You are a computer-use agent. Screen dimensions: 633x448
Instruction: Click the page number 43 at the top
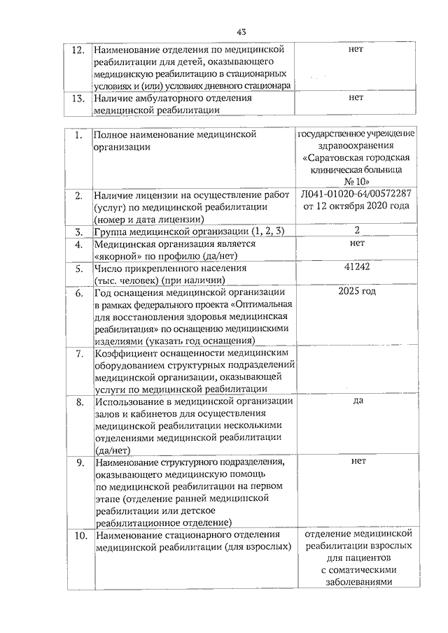pos(241,31)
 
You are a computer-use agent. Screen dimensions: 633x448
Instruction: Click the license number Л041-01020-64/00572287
pos(356,194)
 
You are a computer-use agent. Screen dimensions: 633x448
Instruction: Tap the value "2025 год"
pos(357,291)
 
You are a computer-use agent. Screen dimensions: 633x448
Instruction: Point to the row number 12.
pos(79,51)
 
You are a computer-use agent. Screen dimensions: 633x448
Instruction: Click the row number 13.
pos(79,99)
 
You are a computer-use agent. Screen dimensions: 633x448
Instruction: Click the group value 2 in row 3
pos(357,230)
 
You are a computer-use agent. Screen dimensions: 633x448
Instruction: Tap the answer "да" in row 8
pos(357,401)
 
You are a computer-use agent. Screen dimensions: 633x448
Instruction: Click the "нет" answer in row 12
pos(356,50)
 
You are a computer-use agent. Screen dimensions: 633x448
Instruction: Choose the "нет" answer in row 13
pos(356,98)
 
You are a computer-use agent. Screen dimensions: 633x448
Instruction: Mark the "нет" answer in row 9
pos(359,462)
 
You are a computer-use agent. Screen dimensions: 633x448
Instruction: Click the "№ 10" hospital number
pos(356,180)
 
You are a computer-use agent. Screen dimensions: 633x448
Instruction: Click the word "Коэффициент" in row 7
pos(125,354)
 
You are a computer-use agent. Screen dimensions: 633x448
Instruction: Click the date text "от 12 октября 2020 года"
pos(356,206)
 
